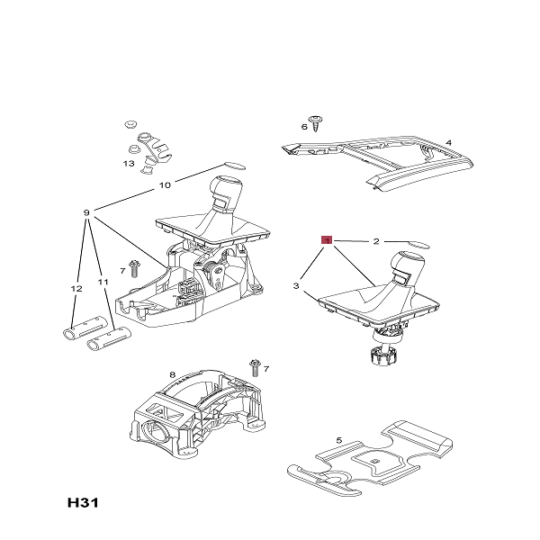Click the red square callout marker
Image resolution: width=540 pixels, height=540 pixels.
328,240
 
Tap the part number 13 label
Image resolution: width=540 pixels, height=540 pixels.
129,164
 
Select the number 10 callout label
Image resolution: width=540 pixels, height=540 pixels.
165,185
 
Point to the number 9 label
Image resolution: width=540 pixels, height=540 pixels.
86,212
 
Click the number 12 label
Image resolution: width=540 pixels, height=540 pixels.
76,288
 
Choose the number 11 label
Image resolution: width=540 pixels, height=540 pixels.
103,282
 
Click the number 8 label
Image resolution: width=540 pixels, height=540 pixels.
172,373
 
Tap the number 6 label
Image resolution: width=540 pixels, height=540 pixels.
304,127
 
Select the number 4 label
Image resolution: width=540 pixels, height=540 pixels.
448,141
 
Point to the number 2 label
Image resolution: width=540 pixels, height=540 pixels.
376,241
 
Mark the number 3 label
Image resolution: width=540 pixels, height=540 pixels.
295,285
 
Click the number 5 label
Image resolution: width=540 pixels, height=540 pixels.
339,439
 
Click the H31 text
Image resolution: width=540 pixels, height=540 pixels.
81,501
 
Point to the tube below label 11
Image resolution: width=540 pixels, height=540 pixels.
108,338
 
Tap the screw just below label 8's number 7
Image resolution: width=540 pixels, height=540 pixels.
256,367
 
